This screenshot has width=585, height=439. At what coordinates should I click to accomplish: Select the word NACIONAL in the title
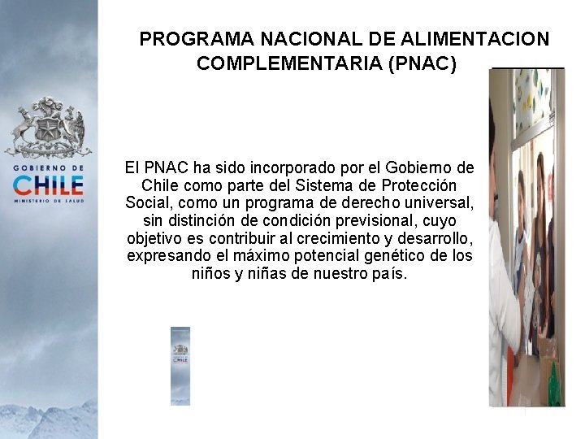pos(310,39)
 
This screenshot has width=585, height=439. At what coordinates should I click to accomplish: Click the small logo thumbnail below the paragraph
pos(180,365)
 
